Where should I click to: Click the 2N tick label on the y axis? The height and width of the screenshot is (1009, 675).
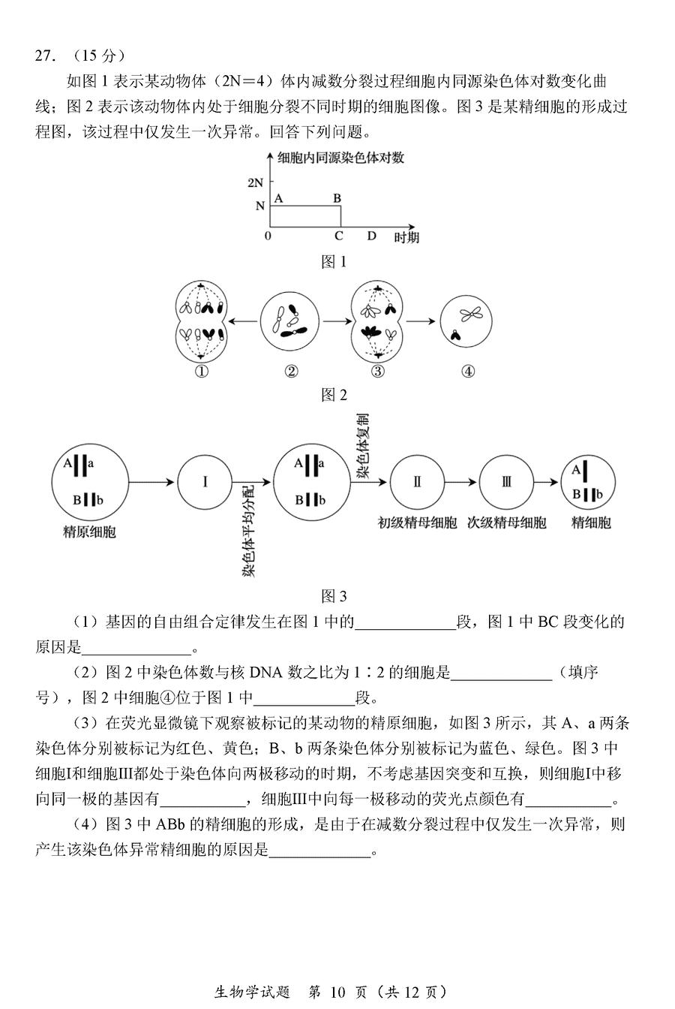(255, 182)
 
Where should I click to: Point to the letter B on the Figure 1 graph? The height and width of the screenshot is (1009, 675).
(337, 198)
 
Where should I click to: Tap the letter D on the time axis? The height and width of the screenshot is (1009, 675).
(371, 236)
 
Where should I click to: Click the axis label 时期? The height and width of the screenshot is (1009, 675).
(406, 237)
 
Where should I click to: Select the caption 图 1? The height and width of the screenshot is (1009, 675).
(334, 261)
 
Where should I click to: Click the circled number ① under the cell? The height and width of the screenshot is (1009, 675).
(201, 371)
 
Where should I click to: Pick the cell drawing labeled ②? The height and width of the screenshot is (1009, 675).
(289, 321)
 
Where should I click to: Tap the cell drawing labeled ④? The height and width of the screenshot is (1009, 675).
(466, 321)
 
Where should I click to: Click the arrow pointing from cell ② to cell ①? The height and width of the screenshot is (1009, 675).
(243, 321)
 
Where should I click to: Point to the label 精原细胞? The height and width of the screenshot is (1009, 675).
(89, 532)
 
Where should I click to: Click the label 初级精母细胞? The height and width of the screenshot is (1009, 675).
(417, 523)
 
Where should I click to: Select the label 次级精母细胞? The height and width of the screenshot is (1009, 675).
(507, 523)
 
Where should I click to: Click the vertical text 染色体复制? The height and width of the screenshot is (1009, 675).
(362, 445)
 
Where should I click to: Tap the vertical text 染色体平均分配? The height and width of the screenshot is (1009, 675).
(248, 531)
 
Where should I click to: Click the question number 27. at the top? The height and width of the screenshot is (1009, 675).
(46, 56)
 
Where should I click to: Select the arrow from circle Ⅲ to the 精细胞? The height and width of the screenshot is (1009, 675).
(546, 483)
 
